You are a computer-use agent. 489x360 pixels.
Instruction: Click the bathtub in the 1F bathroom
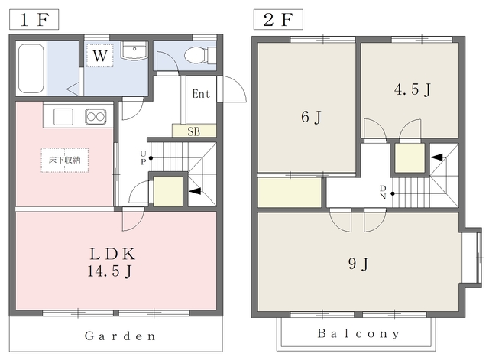[x=31, y=68]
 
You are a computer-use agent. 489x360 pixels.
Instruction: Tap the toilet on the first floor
[x=200, y=55]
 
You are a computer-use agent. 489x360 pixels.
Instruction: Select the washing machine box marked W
[x=100, y=56]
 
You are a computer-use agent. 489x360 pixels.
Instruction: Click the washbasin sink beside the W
[x=134, y=50]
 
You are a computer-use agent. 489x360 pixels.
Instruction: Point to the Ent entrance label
[x=201, y=93]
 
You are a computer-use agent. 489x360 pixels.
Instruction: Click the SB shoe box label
[x=193, y=131]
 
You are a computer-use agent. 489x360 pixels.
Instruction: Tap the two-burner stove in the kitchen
[x=96, y=117]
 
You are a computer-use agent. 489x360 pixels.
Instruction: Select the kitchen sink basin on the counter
[x=63, y=117]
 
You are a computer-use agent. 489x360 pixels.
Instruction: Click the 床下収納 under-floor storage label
[x=64, y=160]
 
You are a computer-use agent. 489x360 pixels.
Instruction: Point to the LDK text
[x=112, y=254]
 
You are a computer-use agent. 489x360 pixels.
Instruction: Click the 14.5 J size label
[x=109, y=271]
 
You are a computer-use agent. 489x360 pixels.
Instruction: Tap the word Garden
[x=120, y=336]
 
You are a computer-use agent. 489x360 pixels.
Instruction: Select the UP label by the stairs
[x=143, y=157]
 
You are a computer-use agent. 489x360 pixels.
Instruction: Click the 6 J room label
[x=311, y=117]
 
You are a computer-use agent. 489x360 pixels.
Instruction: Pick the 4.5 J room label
[x=413, y=89]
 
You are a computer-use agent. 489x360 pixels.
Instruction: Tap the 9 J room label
[x=358, y=264]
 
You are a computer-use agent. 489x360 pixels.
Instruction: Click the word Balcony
[x=358, y=333]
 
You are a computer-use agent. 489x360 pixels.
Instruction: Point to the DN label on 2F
[x=383, y=193]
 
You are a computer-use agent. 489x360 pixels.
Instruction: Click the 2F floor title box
[x=278, y=19]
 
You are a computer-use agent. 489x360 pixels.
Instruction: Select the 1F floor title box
[x=34, y=19]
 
